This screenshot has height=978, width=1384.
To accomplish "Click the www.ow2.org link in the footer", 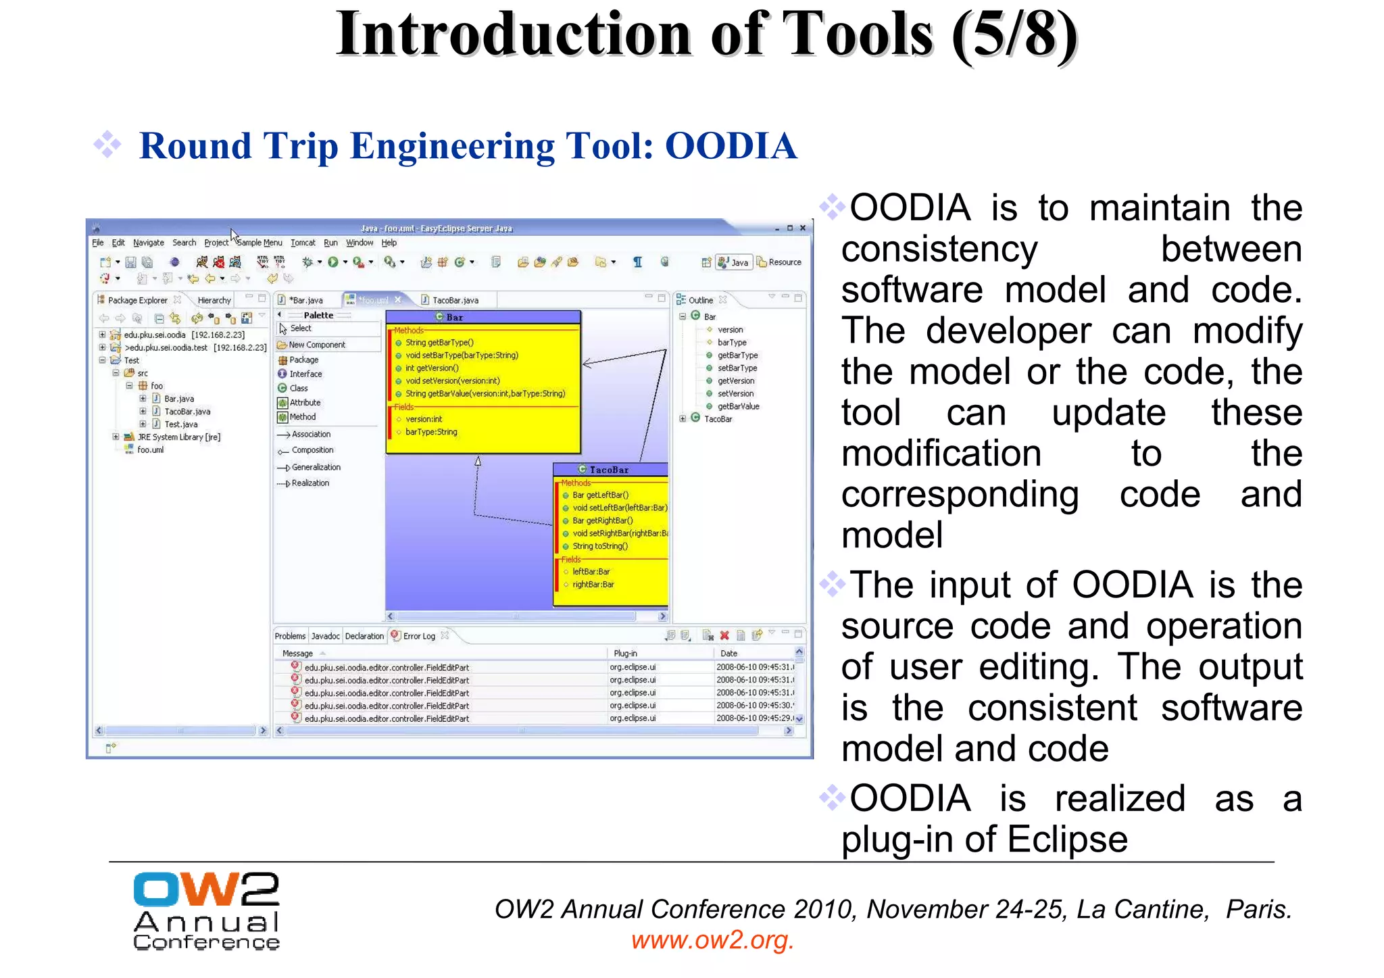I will (712, 940).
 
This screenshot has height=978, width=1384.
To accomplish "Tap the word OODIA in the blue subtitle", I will (731, 146).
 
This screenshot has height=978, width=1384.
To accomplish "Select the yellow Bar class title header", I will (483, 317).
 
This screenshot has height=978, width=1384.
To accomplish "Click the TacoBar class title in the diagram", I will (609, 470).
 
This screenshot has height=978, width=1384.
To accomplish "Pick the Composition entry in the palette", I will (312, 450).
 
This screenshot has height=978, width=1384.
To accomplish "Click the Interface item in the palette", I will (305, 374).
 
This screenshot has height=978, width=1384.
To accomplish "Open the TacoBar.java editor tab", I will (454, 300).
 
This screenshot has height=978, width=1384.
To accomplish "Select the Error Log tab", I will (418, 636).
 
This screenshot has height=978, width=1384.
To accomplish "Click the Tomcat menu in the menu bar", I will (303, 243).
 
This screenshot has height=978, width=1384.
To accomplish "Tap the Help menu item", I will (389, 243).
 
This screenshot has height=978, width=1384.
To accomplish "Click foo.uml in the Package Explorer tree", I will (150, 450).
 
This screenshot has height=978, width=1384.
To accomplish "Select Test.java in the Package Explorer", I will (180, 424).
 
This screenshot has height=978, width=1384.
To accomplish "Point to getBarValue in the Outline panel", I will (738, 406).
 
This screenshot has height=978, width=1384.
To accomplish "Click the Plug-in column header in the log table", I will (625, 654).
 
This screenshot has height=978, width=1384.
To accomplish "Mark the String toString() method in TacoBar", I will (600, 546).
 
